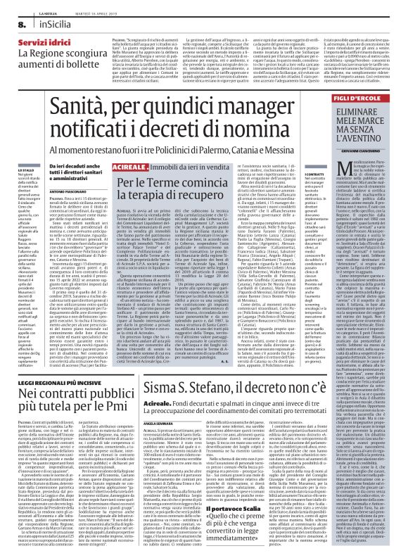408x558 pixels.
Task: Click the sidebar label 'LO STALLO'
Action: pyautogui.click(x=25, y=150)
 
